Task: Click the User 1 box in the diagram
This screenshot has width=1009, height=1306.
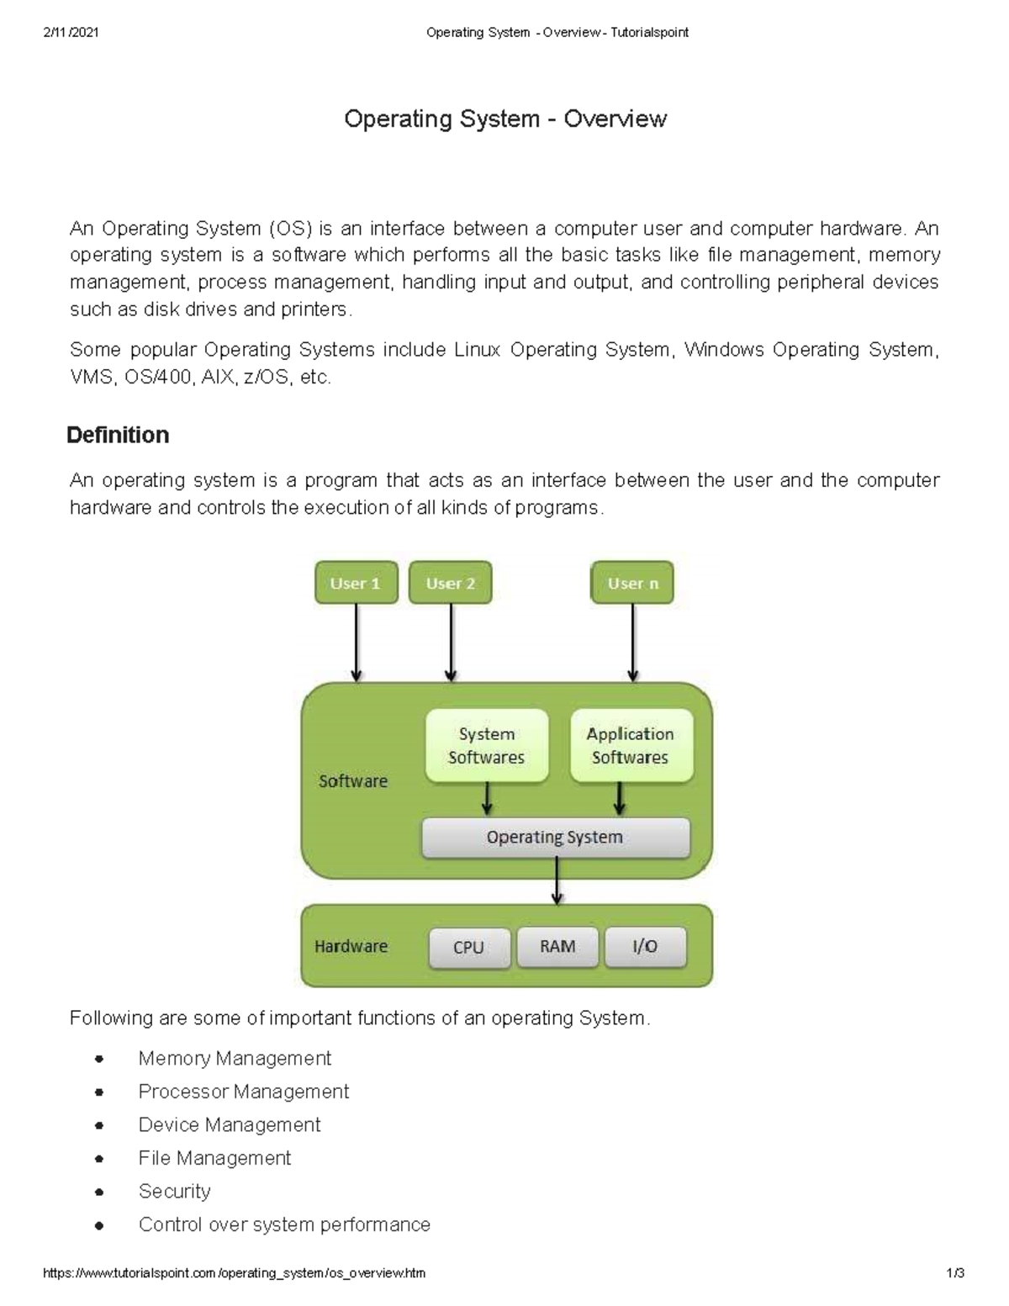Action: pos(356,583)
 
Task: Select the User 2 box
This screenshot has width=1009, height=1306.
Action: pos(450,583)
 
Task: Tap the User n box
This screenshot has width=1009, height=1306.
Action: pos(632,583)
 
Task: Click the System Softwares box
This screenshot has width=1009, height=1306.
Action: pos(487,746)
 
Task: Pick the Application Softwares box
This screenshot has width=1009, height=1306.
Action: pos(631,746)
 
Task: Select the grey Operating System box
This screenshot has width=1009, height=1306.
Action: pos(555,838)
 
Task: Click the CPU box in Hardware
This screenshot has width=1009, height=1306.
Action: pos(469,948)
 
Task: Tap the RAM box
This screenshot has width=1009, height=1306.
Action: pos(557,947)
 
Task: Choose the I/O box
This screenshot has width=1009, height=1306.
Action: pos(645,947)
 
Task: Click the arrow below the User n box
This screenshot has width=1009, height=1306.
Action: pos(632,642)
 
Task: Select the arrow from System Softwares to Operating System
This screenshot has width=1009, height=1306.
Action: pos(487,799)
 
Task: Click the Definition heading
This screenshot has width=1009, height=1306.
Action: pos(118,435)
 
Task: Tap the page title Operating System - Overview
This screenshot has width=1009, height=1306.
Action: pos(504,119)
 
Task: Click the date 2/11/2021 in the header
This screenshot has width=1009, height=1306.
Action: pos(71,33)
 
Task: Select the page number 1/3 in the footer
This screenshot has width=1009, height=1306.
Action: pos(954,1273)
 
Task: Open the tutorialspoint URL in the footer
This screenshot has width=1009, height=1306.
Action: pos(234,1273)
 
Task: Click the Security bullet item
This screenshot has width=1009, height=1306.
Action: pos(175,1192)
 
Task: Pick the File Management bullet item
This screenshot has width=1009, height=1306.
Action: pos(214,1158)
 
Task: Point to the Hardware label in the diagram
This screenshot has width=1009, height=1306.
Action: pos(351,947)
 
